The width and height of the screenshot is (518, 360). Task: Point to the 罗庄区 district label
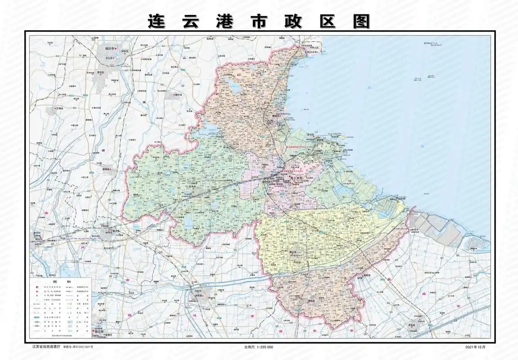click(101, 72)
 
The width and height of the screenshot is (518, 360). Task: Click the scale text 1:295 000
click(259, 347)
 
